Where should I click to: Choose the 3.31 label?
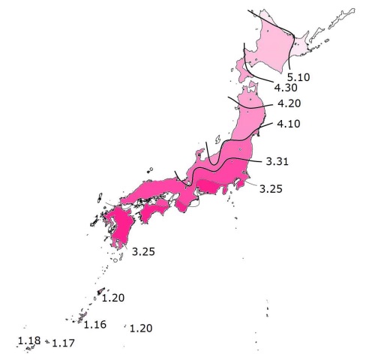(x=277, y=161)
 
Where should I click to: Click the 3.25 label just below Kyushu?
(x=142, y=251)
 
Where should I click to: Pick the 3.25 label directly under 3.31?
(x=271, y=189)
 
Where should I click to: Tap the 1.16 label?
(x=94, y=325)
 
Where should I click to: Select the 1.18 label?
(x=28, y=341)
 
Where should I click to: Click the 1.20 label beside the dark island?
(x=112, y=298)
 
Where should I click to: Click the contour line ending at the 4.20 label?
(x=251, y=106)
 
